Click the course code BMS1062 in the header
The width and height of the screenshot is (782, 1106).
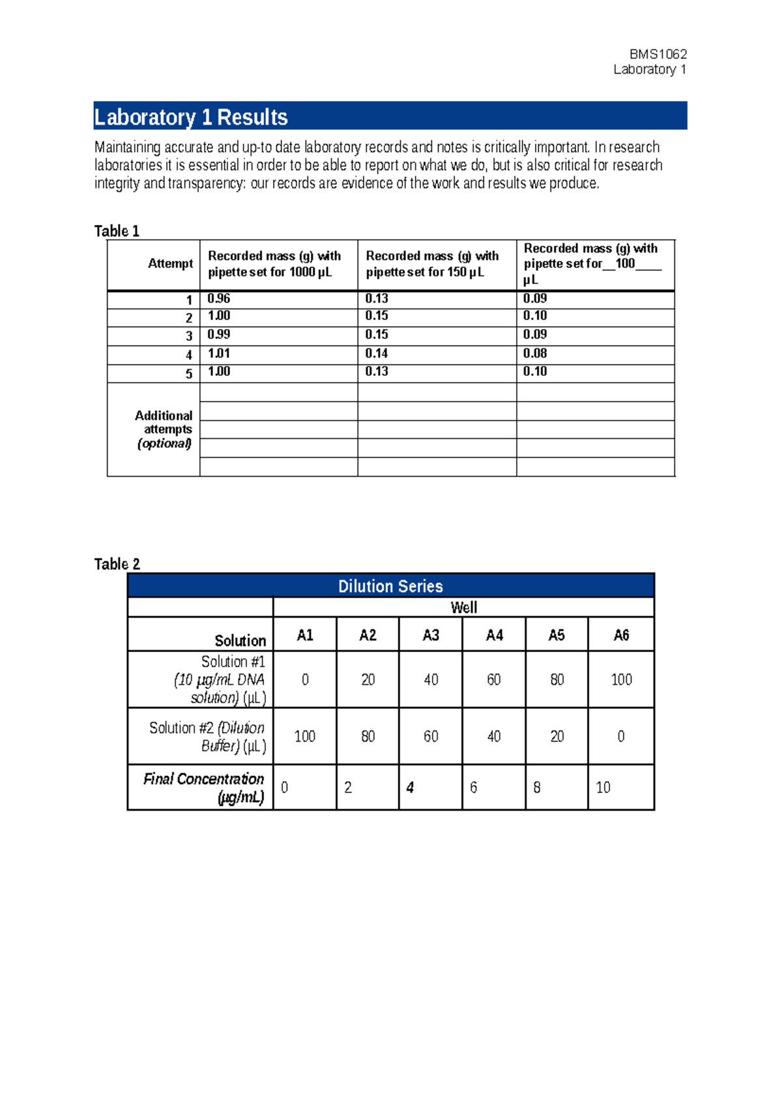coord(658,54)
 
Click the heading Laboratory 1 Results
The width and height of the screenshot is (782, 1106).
coord(191,117)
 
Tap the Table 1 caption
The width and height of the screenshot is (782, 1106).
coord(117,231)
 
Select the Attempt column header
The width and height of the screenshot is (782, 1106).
coord(170,263)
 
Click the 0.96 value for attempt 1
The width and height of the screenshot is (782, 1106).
coord(219,299)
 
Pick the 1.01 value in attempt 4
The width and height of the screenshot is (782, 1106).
coord(219,353)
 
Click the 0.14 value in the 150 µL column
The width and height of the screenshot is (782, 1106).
coord(377,353)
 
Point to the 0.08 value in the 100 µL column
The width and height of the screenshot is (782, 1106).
coord(535,353)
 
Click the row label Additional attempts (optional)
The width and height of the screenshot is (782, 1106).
coord(164,429)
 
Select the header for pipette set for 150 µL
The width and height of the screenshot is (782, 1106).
coord(432,264)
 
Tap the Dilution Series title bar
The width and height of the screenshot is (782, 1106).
coord(390,586)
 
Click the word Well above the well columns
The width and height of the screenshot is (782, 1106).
coord(463,608)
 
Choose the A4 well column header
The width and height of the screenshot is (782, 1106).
coord(494,635)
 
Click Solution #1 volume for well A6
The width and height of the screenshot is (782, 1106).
coord(621,680)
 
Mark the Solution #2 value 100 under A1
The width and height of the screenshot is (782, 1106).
coord(304,737)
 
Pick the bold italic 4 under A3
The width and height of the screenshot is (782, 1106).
coord(410,788)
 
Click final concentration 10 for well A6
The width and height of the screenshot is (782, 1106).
coord(603,788)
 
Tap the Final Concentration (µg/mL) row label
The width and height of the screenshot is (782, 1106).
coord(204,788)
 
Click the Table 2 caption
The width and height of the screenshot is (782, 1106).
coord(117,564)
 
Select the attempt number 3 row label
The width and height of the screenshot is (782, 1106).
coord(189,336)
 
